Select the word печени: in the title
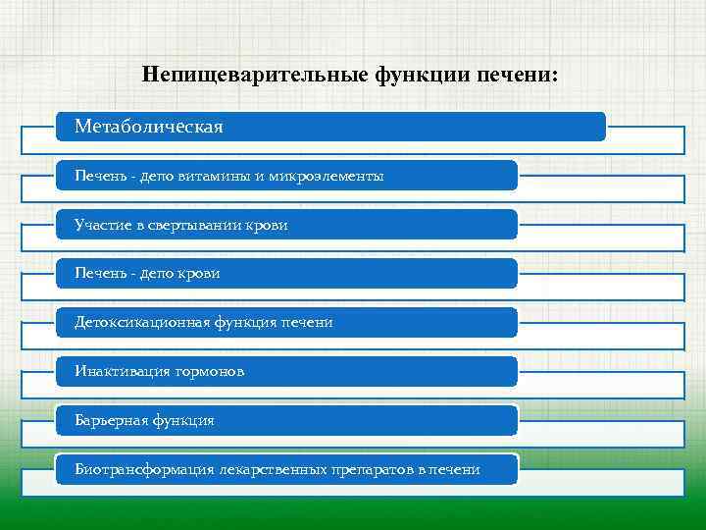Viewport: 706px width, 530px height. coord(516,75)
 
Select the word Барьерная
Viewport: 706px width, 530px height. coord(110,420)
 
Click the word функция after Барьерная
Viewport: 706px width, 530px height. coord(182,420)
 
